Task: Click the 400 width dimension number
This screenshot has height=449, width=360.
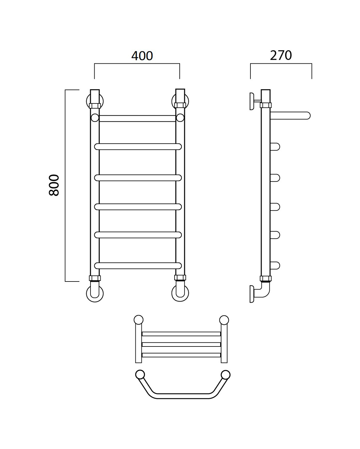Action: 142,56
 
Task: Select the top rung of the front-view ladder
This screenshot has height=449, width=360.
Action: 137,118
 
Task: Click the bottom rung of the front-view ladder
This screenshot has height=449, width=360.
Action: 138,266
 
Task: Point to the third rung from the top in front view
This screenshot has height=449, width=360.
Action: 138,178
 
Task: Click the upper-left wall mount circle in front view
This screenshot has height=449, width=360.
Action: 95,101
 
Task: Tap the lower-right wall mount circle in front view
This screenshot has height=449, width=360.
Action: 180,293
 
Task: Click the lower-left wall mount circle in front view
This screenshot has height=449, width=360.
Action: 95,294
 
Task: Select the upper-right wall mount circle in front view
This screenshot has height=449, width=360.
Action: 180,101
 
